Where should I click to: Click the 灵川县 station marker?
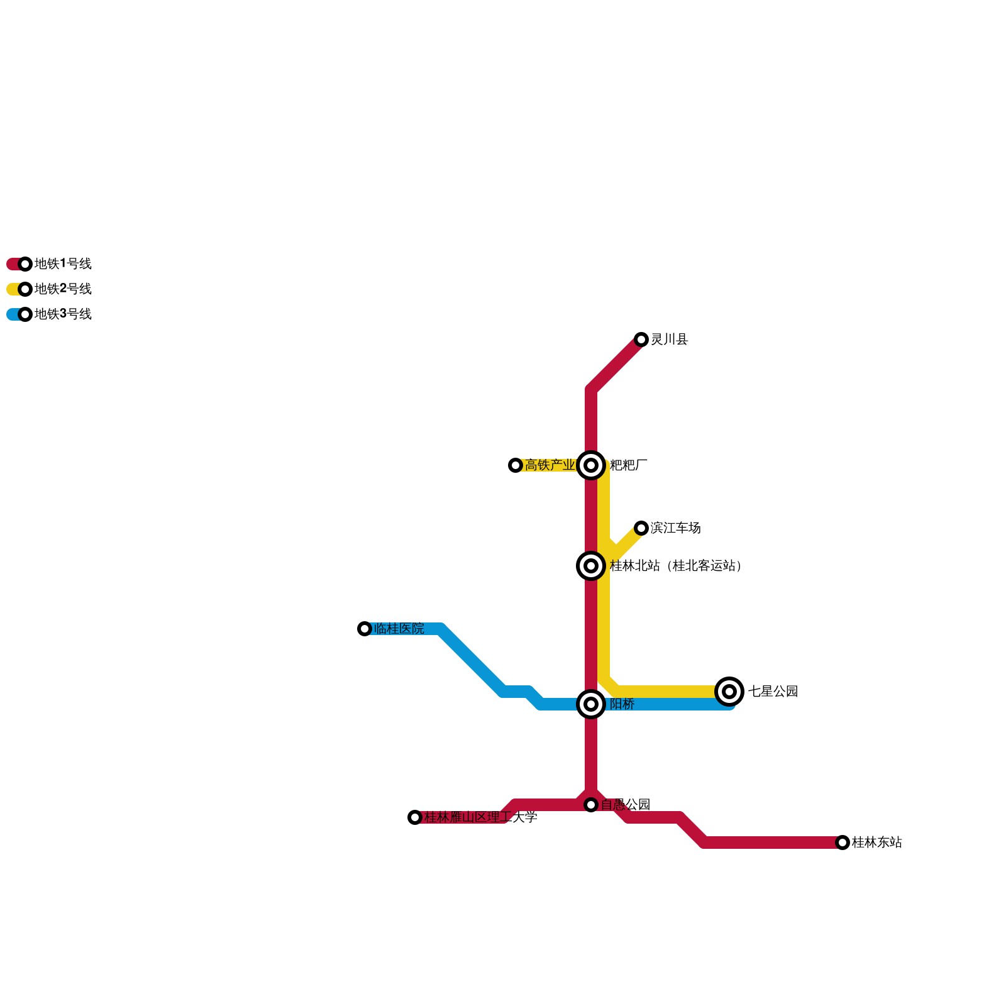(641, 340)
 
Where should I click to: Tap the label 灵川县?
(670, 340)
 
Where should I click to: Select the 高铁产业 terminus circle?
(516, 465)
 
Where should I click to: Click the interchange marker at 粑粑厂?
(591, 465)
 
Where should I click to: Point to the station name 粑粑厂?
(629, 465)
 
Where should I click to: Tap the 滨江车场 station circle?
(641, 528)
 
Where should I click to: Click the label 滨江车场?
(676, 528)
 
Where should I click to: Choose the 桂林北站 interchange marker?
(591, 566)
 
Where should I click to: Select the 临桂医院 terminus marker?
(365, 629)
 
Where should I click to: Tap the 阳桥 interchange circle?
(591, 704)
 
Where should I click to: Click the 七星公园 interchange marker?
(729, 692)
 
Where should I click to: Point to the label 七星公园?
(773, 692)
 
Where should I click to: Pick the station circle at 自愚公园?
(591, 805)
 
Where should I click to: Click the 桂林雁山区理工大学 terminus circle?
(415, 817)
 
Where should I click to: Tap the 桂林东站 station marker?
(843, 843)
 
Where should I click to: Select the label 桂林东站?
(877, 843)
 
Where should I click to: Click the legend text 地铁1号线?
(63, 264)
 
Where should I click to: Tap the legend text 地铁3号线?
(63, 314)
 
